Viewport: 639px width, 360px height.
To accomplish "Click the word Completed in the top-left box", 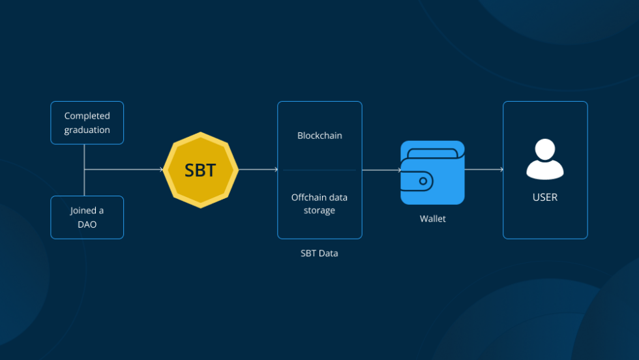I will (x=87, y=116).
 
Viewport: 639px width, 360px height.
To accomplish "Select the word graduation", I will (x=87, y=130).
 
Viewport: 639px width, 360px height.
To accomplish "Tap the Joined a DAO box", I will (x=87, y=217).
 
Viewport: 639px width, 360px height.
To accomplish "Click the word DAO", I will (x=87, y=224).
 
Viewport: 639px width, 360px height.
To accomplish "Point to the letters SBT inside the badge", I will (x=200, y=170).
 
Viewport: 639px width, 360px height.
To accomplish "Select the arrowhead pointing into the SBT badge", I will (x=161, y=170).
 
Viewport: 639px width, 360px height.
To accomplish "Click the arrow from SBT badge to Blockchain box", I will (x=258, y=170).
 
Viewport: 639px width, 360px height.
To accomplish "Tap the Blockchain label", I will (x=319, y=136).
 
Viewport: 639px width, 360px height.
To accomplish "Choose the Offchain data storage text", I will (x=319, y=203).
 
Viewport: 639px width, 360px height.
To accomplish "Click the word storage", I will (x=319, y=211).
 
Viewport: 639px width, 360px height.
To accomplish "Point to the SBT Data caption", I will (x=319, y=253).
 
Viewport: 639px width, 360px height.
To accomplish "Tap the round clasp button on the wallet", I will (x=423, y=181).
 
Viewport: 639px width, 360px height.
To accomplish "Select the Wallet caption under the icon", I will (x=432, y=219).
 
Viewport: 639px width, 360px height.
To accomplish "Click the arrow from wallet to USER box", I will (x=484, y=170).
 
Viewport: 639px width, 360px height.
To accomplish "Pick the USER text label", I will (x=545, y=197).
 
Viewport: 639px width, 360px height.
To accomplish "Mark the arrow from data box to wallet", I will (x=381, y=170).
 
